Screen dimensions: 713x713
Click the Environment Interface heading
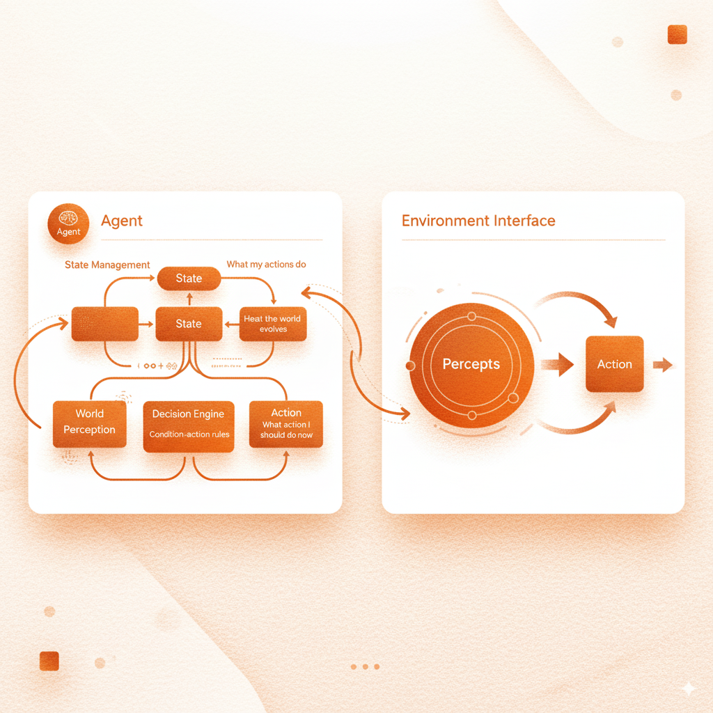pos(478,221)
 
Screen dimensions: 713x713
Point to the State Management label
pos(107,265)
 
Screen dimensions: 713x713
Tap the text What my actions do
pos(266,265)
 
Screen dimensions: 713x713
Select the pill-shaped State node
pos(189,279)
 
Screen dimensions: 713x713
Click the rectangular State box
pos(189,324)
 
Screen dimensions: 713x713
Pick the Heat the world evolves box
pos(272,324)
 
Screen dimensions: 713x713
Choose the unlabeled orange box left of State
pos(104,324)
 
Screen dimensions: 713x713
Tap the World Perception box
pos(89,423)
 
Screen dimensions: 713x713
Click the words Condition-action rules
pos(189,435)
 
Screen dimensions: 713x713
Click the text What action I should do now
pos(287,430)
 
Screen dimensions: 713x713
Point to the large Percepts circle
pos(471,364)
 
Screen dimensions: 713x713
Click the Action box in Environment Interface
pos(614,364)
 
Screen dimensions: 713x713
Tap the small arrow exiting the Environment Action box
pos(663,364)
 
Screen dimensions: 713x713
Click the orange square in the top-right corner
pos(677,35)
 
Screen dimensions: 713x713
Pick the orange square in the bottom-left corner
pos(49,661)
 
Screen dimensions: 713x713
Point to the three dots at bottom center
pos(365,667)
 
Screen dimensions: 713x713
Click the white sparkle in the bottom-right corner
pos(688,688)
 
